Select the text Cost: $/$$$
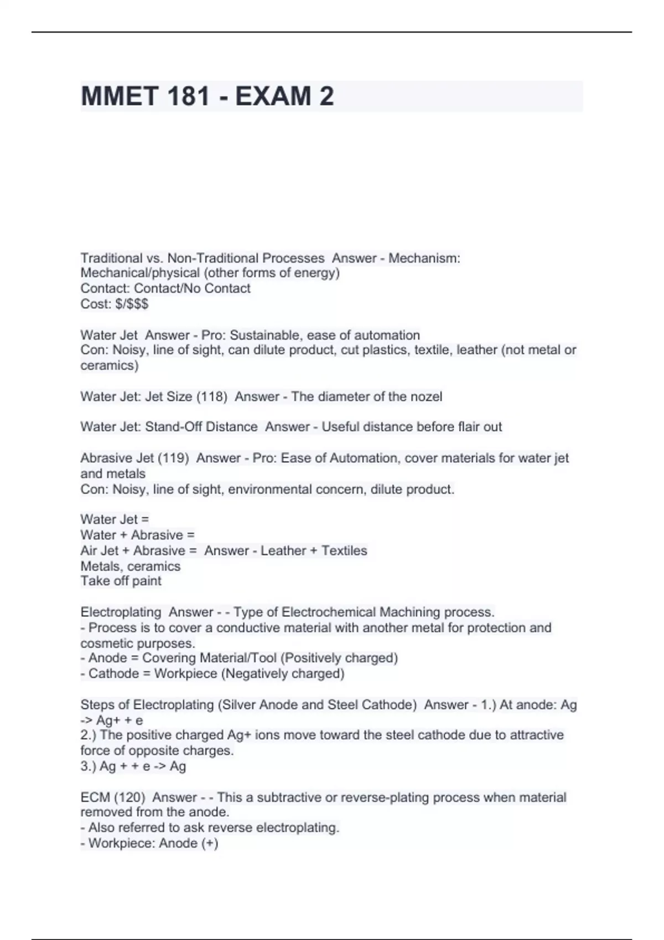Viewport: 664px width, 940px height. click(115, 304)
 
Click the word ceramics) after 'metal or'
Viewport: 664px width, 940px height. click(110, 365)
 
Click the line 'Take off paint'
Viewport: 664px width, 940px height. click(121, 581)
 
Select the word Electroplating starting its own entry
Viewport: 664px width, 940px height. click(121, 612)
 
